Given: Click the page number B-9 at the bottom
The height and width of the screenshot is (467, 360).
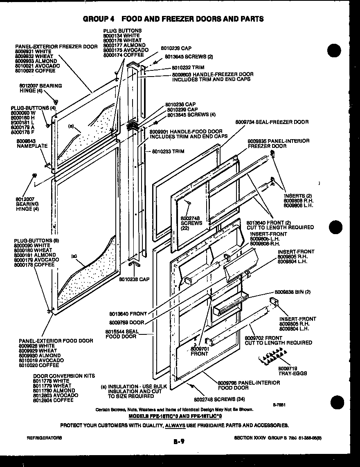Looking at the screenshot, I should pyautogui.click(x=179, y=441).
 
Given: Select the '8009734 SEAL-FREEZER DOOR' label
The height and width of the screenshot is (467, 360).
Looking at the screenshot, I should pyautogui.click(x=272, y=122).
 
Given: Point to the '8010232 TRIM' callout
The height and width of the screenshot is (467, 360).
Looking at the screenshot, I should pyautogui.click(x=188, y=68).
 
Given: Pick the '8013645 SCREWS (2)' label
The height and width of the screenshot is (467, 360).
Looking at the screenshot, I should pyautogui.click(x=189, y=56).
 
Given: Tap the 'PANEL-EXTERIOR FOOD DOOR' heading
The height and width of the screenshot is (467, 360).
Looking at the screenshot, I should pyautogui.click(x=56, y=341).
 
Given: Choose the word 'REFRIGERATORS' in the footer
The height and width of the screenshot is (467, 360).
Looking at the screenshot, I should pyautogui.click(x=44, y=438).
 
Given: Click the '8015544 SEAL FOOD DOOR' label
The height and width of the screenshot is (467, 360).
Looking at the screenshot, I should pyautogui.click(x=121, y=334).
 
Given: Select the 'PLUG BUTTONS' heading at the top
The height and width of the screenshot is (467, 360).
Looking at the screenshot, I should pyautogui.click(x=122, y=31).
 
